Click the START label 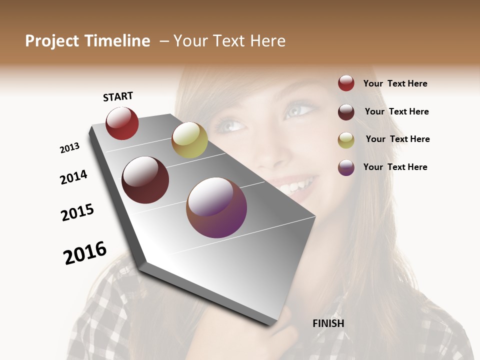pos(118,96)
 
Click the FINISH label pos(328,323)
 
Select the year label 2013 pos(69,148)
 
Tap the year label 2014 pos(74,177)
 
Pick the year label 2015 pos(77,212)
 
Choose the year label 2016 pos(85,253)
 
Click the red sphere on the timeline pos(122,123)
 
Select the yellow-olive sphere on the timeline pos(189,140)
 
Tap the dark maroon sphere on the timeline pos(145,180)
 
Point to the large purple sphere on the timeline pos(216,207)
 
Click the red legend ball pos(346,83)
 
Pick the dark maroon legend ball pos(346,112)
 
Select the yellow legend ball pos(346,139)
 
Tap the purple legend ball pos(346,167)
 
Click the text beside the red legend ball pos(395,83)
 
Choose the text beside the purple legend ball pos(395,167)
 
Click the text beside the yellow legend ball pos(397,139)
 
